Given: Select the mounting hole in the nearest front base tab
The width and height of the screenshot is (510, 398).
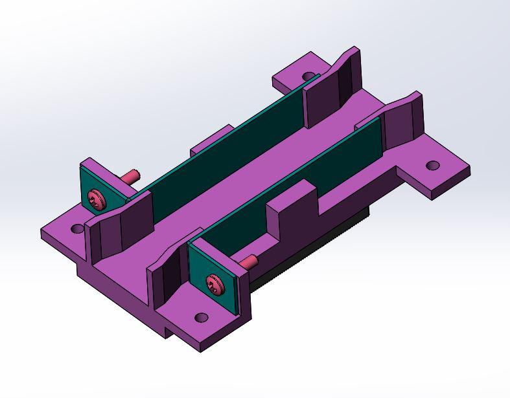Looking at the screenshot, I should coord(202,318).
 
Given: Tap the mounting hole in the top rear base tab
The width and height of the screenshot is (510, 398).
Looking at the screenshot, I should coord(309,76).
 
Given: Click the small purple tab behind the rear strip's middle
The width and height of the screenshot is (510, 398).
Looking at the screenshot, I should coord(211,140).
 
